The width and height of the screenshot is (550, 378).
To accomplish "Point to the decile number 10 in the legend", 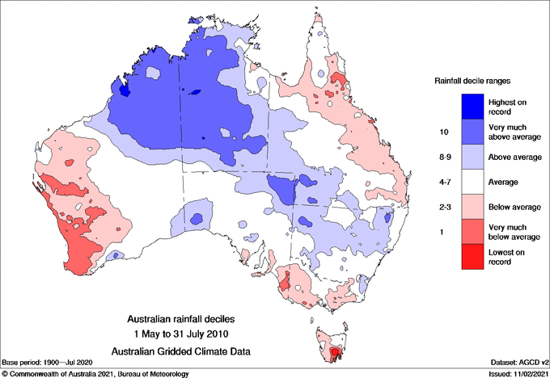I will click(442, 131).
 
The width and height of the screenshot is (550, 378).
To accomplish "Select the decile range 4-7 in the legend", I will click(442, 183).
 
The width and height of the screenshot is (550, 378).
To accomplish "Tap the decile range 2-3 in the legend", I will click(442, 208).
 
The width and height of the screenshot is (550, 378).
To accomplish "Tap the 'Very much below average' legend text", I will click(511, 233).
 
